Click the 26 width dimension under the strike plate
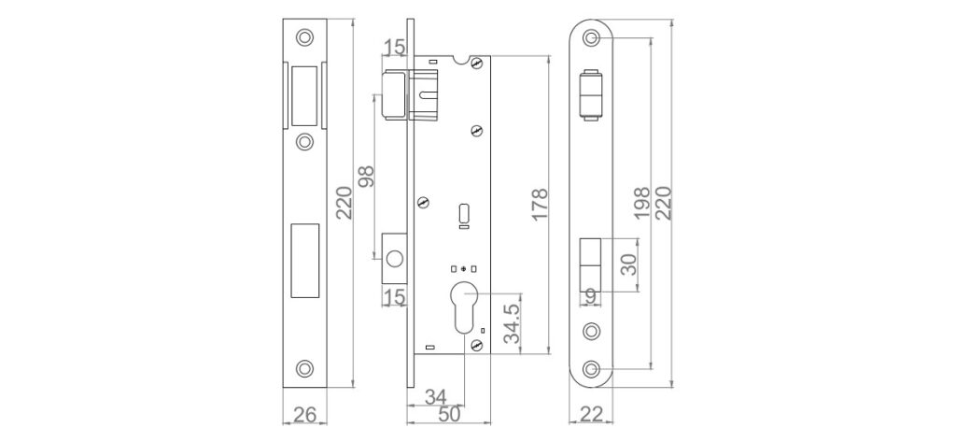305,415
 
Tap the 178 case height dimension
541,205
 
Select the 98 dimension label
365,177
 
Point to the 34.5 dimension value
513,319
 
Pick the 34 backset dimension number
435,397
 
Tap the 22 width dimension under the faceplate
591,415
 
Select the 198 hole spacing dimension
642,203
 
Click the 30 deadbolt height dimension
628,264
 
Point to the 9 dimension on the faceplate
590,297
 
